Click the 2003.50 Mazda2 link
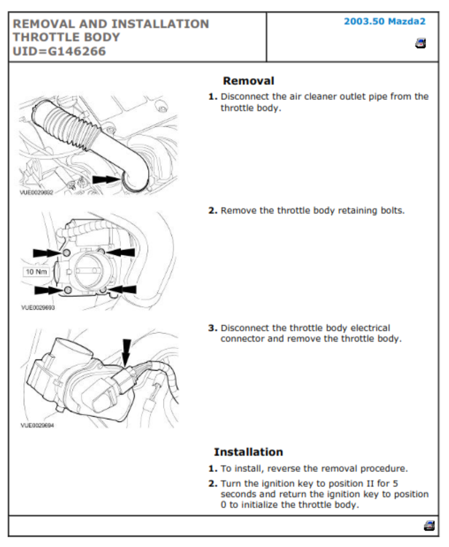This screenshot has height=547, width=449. pyautogui.click(x=385, y=22)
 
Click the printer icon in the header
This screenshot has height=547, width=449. pyautogui.click(x=421, y=43)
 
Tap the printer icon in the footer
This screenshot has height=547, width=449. pyautogui.click(x=429, y=526)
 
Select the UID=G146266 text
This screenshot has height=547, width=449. pyautogui.click(x=59, y=52)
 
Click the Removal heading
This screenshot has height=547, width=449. pyautogui.click(x=248, y=81)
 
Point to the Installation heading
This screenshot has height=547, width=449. pyautogui.click(x=248, y=452)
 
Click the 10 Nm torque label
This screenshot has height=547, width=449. pyautogui.click(x=36, y=272)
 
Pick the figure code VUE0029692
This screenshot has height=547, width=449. pyautogui.click(x=37, y=192)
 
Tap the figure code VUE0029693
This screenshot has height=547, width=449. pyautogui.click(x=38, y=308)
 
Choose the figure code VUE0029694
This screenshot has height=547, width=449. pyautogui.click(x=37, y=425)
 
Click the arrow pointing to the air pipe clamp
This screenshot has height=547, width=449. pyautogui.click(x=106, y=180)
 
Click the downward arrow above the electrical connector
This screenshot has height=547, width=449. pyautogui.click(x=126, y=352)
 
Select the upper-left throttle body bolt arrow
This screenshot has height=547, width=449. pyautogui.click(x=47, y=253)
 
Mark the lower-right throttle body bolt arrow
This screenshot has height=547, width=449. pyautogui.click(x=123, y=289)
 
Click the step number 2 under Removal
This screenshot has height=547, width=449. pyautogui.click(x=213, y=211)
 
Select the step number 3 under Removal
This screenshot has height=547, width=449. pyautogui.click(x=213, y=328)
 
